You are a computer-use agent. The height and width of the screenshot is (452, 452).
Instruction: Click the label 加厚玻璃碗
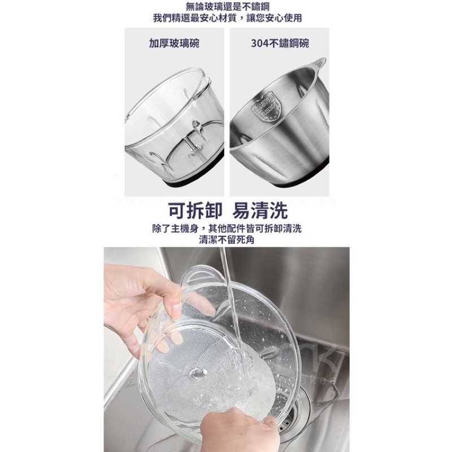pyautogui.click(x=174, y=43)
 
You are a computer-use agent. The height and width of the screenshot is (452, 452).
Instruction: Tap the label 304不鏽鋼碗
pyautogui.click(x=280, y=43)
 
